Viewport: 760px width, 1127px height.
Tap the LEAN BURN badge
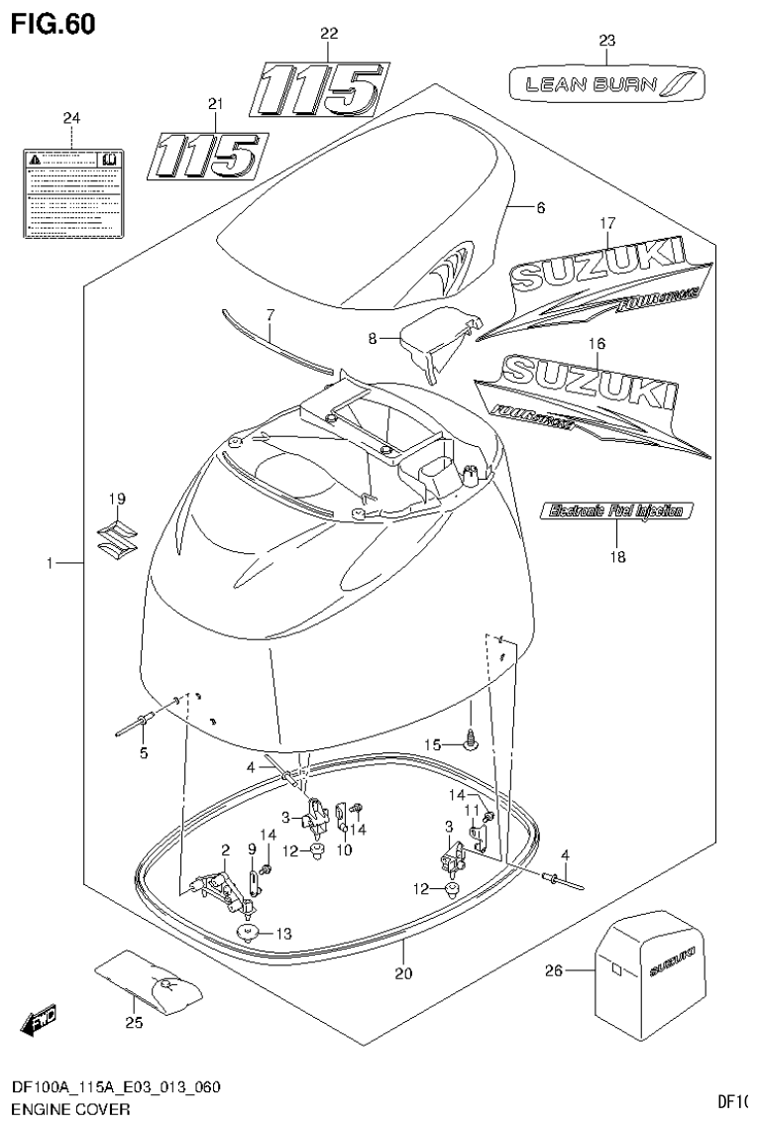point(606,84)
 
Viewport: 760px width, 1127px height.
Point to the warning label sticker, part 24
point(72,192)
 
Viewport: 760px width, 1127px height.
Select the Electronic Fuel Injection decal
point(616,511)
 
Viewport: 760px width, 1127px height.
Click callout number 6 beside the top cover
point(540,208)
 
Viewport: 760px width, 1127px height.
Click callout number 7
point(269,315)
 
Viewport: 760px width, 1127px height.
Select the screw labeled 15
point(471,736)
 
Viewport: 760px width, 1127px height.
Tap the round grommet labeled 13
point(246,932)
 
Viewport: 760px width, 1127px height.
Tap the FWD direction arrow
point(40,1019)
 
